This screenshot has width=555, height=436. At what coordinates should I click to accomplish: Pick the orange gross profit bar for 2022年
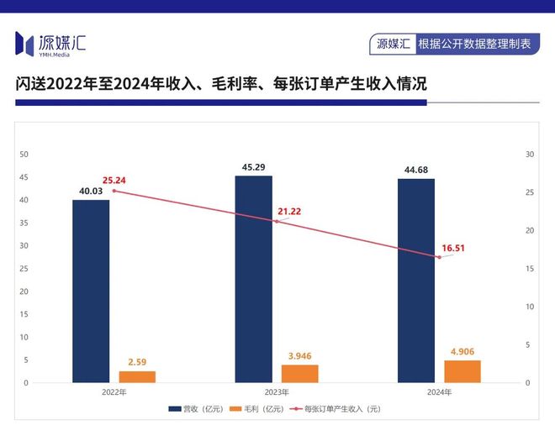coord(137,376)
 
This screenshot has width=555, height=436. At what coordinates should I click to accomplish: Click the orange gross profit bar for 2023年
coord(300,374)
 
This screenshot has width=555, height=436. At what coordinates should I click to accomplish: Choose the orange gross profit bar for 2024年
coord(462,371)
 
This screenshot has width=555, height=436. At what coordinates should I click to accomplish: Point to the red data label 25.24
coord(114,180)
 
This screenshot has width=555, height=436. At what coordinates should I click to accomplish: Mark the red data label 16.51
coord(453,249)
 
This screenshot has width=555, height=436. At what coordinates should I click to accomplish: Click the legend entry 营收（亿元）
coord(199,409)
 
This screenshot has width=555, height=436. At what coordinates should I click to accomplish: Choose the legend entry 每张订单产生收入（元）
coord(336,409)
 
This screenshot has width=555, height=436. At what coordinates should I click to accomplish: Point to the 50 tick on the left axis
coord(24,155)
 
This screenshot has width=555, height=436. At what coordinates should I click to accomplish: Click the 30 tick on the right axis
coord(530,155)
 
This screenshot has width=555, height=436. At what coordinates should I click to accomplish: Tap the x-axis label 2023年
coord(277,392)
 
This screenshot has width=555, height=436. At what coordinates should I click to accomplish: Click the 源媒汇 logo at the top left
coord(50,43)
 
